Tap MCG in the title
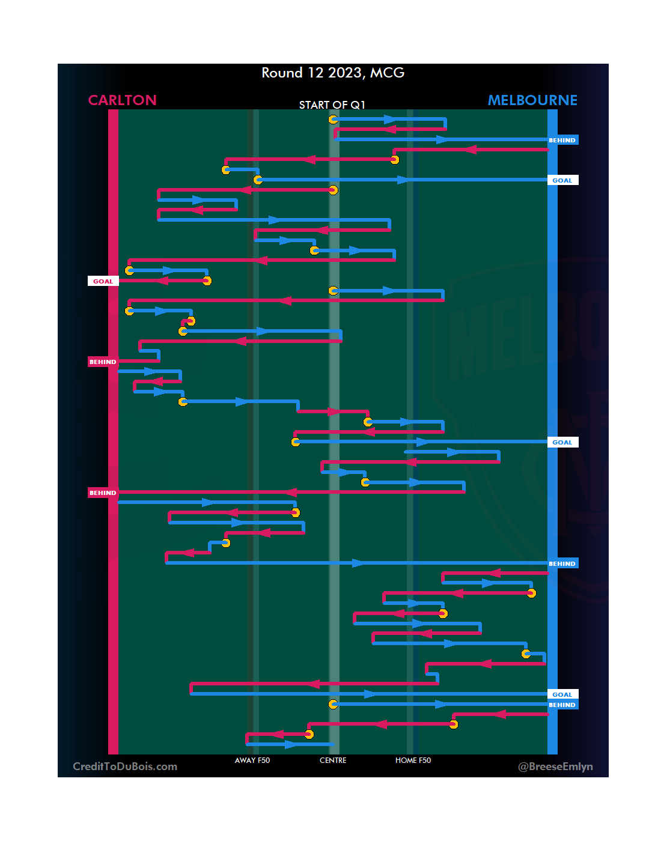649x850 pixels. (387, 73)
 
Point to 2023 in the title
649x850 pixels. (345, 73)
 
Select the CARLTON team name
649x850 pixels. (122, 100)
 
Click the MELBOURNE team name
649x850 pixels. (532, 100)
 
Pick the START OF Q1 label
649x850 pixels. (332, 105)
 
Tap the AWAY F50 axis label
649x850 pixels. (252, 760)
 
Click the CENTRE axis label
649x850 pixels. (333, 760)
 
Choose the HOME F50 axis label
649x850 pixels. (413, 760)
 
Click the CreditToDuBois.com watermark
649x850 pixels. (125, 767)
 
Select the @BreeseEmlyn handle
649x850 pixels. (555, 767)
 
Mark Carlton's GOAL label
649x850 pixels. (103, 281)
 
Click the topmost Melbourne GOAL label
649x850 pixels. (562, 180)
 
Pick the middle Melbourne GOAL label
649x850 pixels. (562, 442)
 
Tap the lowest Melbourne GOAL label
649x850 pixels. (562, 694)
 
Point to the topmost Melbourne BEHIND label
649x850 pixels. (562, 140)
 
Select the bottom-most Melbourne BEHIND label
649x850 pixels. (562, 705)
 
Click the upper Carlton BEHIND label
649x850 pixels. (103, 362)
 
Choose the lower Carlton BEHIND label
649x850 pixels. (103, 493)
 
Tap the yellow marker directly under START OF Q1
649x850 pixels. (333, 120)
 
